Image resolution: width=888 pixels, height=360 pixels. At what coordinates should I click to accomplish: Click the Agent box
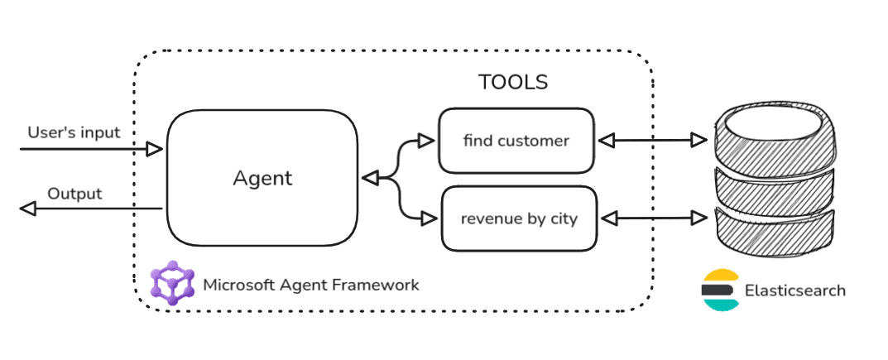(262, 178)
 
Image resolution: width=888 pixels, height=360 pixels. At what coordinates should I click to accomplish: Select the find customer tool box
(516, 141)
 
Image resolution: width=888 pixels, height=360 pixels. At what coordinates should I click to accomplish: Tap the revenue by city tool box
(519, 219)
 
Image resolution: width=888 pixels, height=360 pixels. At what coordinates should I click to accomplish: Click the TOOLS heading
(513, 83)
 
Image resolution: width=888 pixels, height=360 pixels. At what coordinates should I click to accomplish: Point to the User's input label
(74, 132)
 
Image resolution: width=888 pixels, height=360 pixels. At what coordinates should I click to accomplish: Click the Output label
(74, 194)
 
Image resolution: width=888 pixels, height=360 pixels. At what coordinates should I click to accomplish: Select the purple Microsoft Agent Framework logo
(172, 283)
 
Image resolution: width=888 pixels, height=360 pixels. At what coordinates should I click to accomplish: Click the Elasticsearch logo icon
(719, 290)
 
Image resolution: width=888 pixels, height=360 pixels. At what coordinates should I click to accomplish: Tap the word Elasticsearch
(795, 290)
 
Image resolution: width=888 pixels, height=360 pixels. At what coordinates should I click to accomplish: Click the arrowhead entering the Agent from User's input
(155, 149)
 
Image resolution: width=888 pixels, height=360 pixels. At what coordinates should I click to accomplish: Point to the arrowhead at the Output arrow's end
(28, 209)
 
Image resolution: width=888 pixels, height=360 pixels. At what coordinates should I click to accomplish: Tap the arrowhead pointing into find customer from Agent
(427, 141)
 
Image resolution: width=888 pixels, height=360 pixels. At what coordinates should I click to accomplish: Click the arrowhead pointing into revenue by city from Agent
(429, 218)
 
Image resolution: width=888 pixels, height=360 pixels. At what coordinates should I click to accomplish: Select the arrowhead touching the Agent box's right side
(370, 178)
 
